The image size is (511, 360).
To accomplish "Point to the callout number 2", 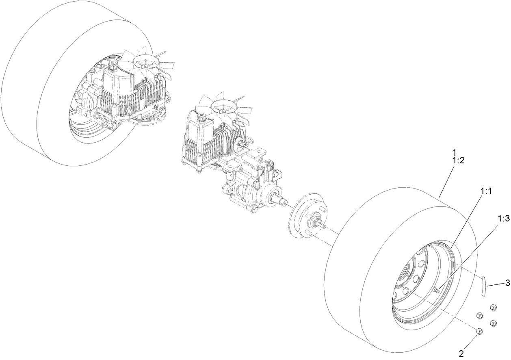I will (x=461, y=353).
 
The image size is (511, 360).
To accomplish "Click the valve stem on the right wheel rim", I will (x=435, y=290).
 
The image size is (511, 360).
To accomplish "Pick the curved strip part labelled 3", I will (x=483, y=285).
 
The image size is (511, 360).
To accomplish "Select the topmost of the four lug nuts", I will (x=493, y=308).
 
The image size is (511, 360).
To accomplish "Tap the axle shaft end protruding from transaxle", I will (x=281, y=200).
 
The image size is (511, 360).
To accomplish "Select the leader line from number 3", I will (x=496, y=284).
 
